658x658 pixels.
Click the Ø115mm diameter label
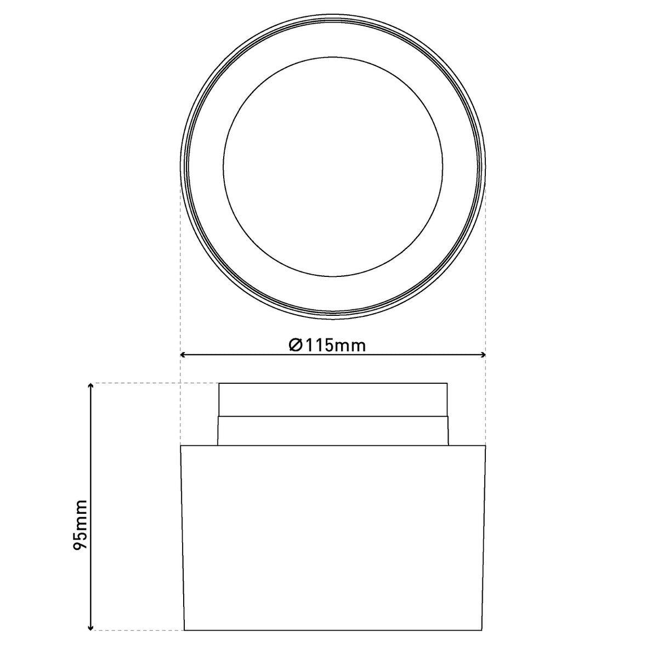click(x=327, y=345)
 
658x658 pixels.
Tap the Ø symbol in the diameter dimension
click(x=295, y=345)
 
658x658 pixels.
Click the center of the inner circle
click(x=333, y=165)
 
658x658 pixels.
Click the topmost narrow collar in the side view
click(x=333, y=399)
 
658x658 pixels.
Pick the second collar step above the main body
click(x=333, y=431)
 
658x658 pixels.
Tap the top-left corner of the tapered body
click(x=181, y=446)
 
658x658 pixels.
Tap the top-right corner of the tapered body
click(x=486, y=446)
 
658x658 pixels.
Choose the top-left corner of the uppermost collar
click(x=219, y=383)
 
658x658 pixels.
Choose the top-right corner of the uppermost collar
click(x=447, y=383)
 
